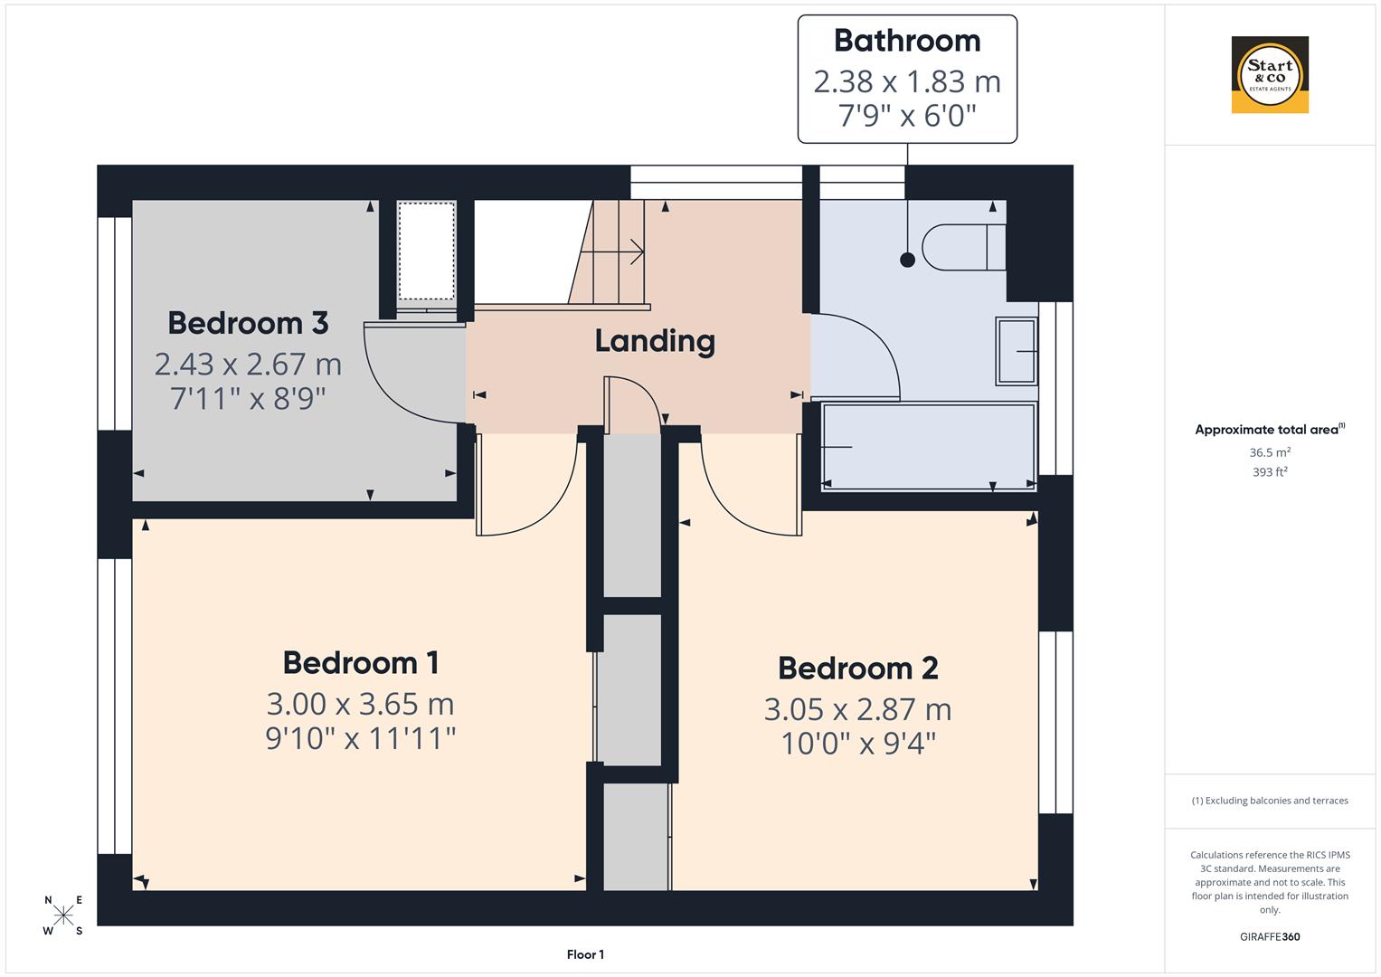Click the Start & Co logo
point(1270,75)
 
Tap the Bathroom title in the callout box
point(907,41)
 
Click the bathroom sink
point(1017,350)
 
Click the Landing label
point(655,341)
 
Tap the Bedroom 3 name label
point(248,323)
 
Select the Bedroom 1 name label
point(361,663)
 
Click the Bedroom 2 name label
point(857,669)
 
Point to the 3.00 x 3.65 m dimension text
point(360,704)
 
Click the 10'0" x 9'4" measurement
point(857,744)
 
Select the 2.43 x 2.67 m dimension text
point(248,364)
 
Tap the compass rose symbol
point(63,915)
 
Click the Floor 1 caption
point(585,954)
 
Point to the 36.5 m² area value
point(1270,452)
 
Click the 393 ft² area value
point(1270,472)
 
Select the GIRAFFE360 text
point(1270,937)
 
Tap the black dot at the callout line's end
point(907,261)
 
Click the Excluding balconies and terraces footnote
point(1270,801)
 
